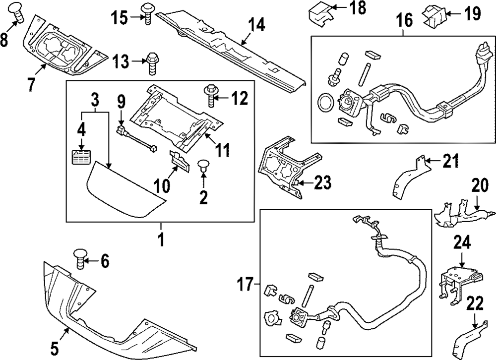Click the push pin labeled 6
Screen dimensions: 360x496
coord(81,258)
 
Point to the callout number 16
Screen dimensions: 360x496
coord(404,20)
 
